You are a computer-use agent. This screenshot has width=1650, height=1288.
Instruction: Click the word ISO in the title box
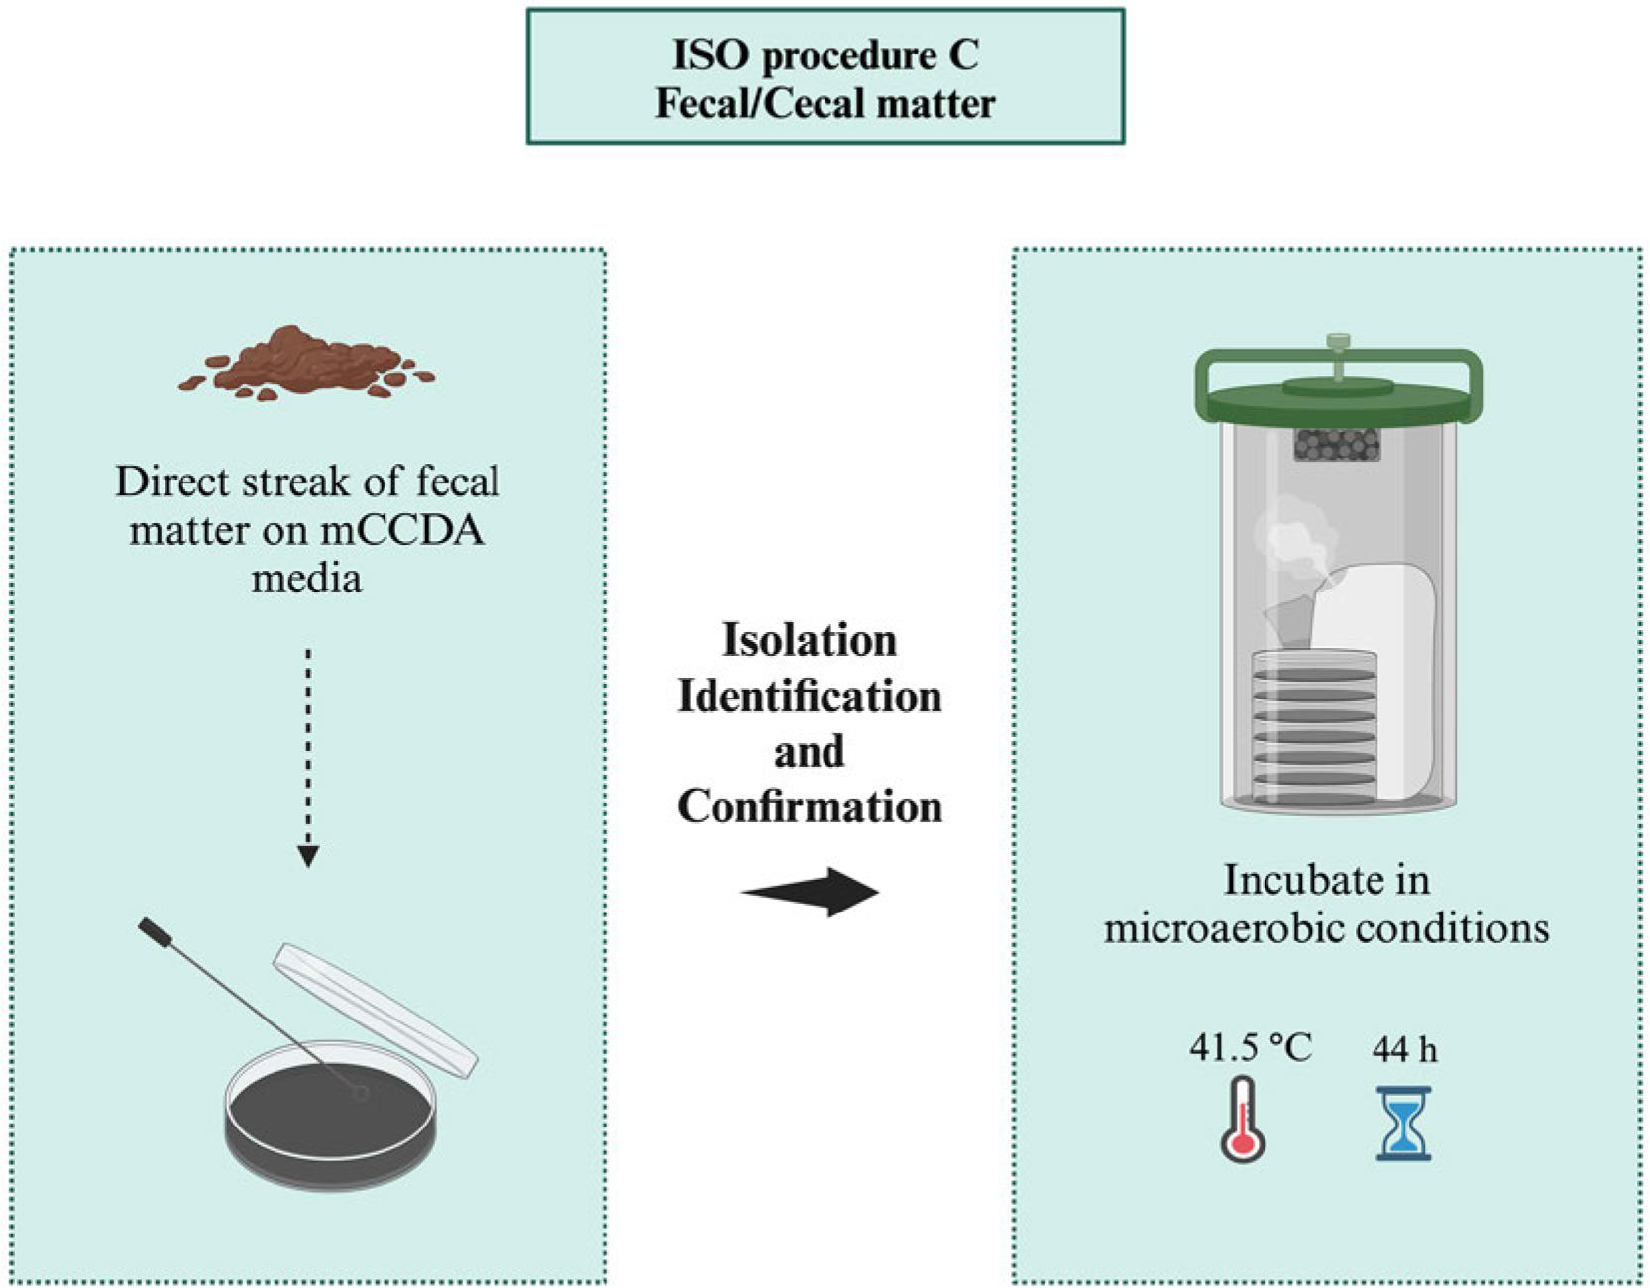tap(712, 55)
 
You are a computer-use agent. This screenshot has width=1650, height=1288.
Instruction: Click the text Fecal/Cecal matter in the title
tap(825, 104)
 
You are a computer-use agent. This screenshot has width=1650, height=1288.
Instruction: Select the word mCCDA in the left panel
tap(402, 531)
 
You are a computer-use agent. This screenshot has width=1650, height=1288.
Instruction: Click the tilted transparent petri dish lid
tap(375, 1008)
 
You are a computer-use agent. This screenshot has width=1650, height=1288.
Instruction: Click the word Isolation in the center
tap(810, 641)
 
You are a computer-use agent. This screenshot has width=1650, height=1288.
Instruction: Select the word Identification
tap(810, 697)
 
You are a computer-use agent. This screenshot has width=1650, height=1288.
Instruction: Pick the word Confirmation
tap(810, 806)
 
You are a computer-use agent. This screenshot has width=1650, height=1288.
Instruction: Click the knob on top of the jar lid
tap(1338, 344)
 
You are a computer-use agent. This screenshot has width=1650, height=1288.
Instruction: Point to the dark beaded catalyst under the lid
tap(1337, 445)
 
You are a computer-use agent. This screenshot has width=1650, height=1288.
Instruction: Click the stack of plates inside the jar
tap(1314, 728)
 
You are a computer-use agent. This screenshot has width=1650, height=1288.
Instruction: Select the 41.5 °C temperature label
tap(1251, 1047)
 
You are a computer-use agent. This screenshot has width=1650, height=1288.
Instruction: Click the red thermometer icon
tap(1242, 1120)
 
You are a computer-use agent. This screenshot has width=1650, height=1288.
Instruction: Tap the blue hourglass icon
tap(1403, 1123)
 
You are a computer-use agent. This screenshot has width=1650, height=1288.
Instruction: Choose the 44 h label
tap(1404, 1049)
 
